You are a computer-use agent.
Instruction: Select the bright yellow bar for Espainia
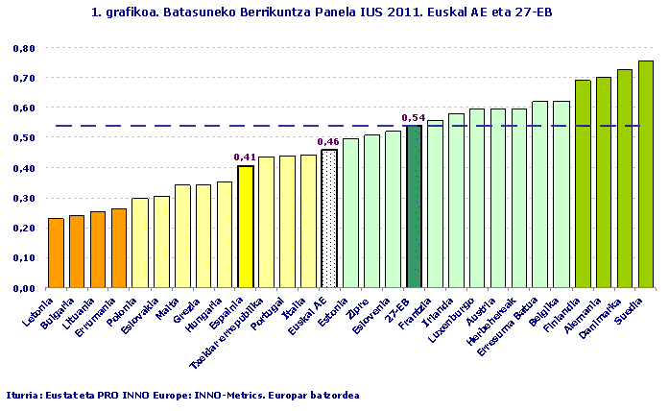(245, 227)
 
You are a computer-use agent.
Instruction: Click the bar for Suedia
(645, 174)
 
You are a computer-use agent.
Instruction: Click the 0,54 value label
(414, 118)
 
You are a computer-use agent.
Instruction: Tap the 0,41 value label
(245, 157)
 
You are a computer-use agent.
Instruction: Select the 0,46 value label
(329, 142)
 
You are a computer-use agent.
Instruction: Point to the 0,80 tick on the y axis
(25, 48)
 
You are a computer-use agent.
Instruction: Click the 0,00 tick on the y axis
(25, 288)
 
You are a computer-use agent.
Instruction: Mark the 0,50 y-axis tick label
(25, 138)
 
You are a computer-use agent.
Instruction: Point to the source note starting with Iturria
(182, 395)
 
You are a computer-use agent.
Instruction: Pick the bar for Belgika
(561, 194)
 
